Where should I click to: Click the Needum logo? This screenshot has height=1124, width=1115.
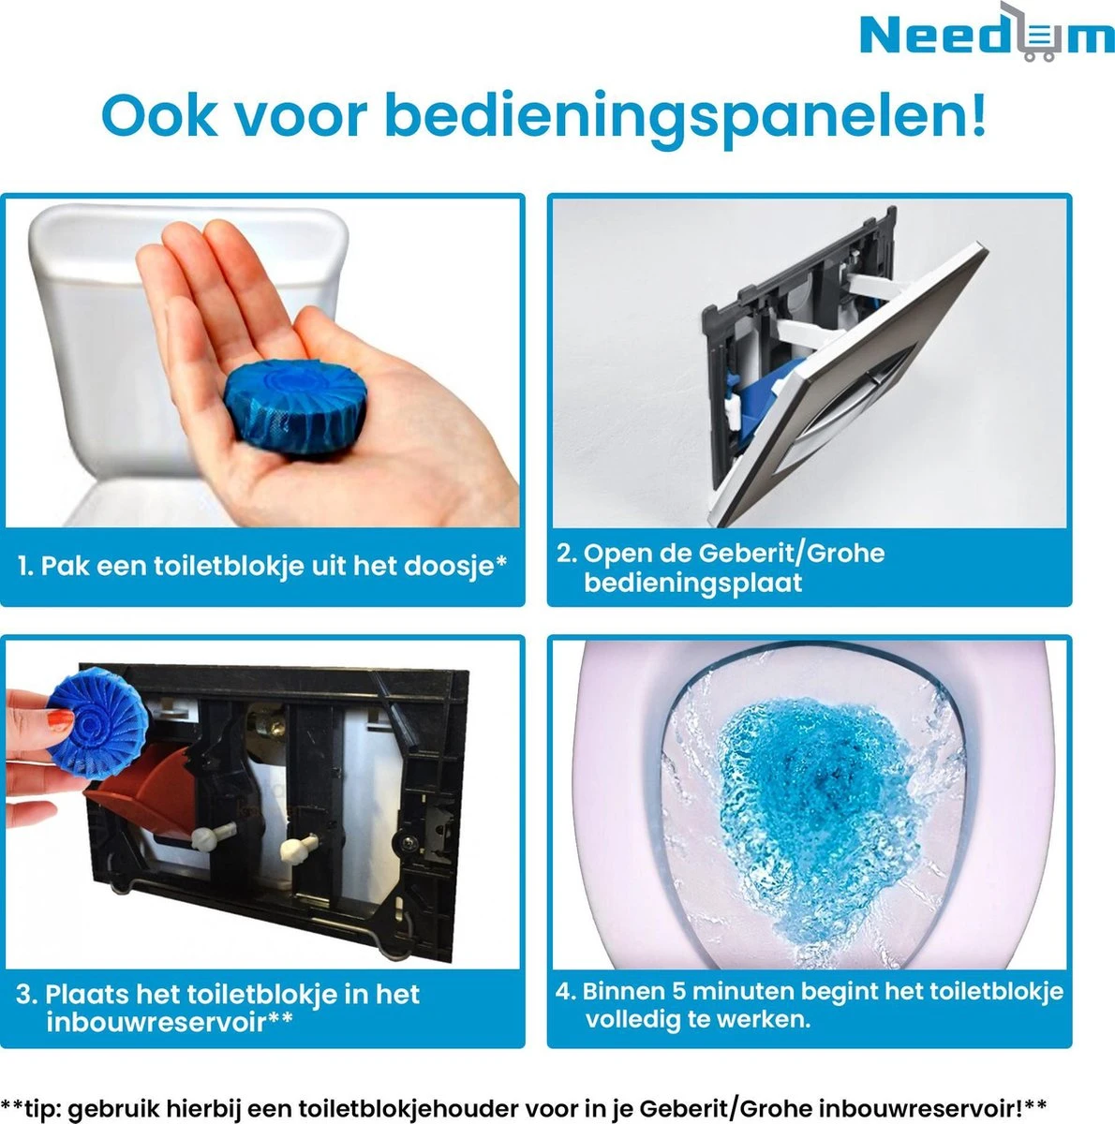point(986,36)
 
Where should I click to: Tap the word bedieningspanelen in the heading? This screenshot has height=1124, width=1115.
point(685,116)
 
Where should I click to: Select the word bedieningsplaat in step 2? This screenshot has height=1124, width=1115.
point(693,583)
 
